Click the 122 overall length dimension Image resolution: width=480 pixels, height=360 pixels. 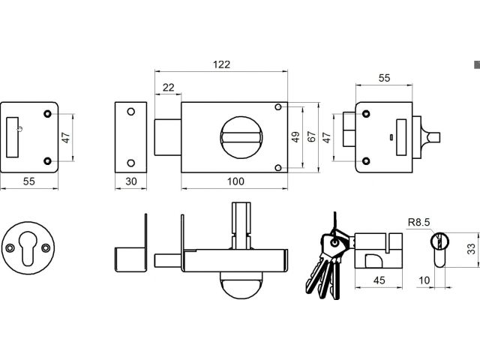click(x=220, y=64)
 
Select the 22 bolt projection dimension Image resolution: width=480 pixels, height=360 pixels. click(x=167, y=88)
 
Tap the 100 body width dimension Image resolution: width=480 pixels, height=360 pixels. click(x=235, y=181)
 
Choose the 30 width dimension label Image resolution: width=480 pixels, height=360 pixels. click(x=130, y=181)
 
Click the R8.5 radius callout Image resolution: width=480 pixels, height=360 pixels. click(x=418, y=222)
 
